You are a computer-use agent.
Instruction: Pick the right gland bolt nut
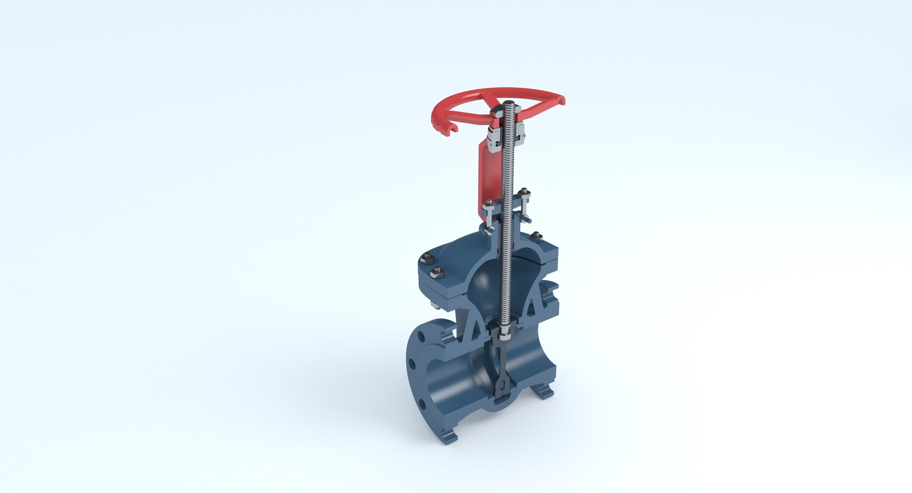[524, 192]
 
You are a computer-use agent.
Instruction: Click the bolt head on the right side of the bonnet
[536, 236]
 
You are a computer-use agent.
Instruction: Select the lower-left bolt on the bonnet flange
[437, 273]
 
